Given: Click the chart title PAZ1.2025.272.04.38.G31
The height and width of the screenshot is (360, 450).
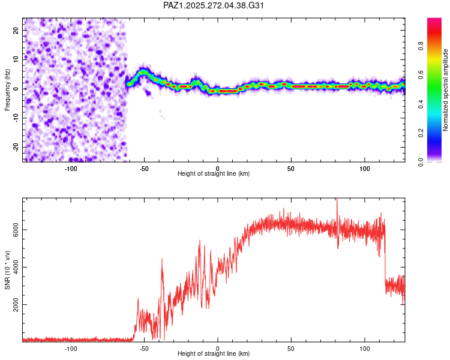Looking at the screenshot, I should click(214, 5).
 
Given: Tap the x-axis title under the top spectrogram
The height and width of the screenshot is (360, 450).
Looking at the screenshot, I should click(214, 173).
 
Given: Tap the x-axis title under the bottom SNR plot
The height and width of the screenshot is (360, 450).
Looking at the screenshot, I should click(214, 353).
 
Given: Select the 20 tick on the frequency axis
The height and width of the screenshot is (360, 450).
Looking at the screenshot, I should click(16, 29).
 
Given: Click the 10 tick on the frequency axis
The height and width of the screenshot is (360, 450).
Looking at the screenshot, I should click(16, 59).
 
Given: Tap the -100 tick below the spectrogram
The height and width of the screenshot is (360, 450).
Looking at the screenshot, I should click(71, 169).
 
